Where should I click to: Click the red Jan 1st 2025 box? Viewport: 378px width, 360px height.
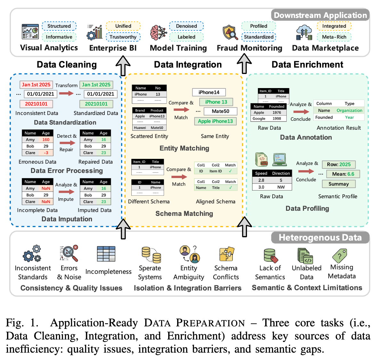[36, 85]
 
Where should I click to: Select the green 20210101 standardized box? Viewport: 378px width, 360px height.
[96, 104]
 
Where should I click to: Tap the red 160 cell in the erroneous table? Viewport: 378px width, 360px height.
[46, 140]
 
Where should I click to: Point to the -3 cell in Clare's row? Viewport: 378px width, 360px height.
[46, 153]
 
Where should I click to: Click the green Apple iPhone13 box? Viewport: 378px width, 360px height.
[215, 121]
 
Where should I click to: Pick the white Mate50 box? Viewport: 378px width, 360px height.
[220, 111]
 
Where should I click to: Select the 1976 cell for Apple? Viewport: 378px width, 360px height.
[276, 112]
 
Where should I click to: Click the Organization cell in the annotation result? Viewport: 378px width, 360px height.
[349, 110]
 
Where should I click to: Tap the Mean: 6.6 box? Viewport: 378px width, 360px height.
[343, 174]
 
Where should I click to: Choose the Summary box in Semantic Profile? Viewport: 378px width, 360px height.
[339, 184]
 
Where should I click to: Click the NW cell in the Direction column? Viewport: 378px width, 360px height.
[281, 187]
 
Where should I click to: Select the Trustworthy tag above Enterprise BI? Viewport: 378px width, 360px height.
[123, 37]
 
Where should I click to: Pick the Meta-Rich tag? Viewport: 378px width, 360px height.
[334, 37]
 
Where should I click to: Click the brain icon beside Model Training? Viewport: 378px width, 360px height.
[158, 33]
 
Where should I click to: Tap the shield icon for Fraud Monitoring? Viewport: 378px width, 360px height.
[230, 33]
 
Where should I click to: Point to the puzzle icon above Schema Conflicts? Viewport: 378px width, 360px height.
[226, 254]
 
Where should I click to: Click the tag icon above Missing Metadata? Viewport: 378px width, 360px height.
[340, 255]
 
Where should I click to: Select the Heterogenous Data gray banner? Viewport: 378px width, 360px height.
[320, 238]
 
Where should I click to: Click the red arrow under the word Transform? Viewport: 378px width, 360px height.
[66, 93]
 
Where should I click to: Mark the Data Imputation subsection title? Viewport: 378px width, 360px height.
[67, 219]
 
